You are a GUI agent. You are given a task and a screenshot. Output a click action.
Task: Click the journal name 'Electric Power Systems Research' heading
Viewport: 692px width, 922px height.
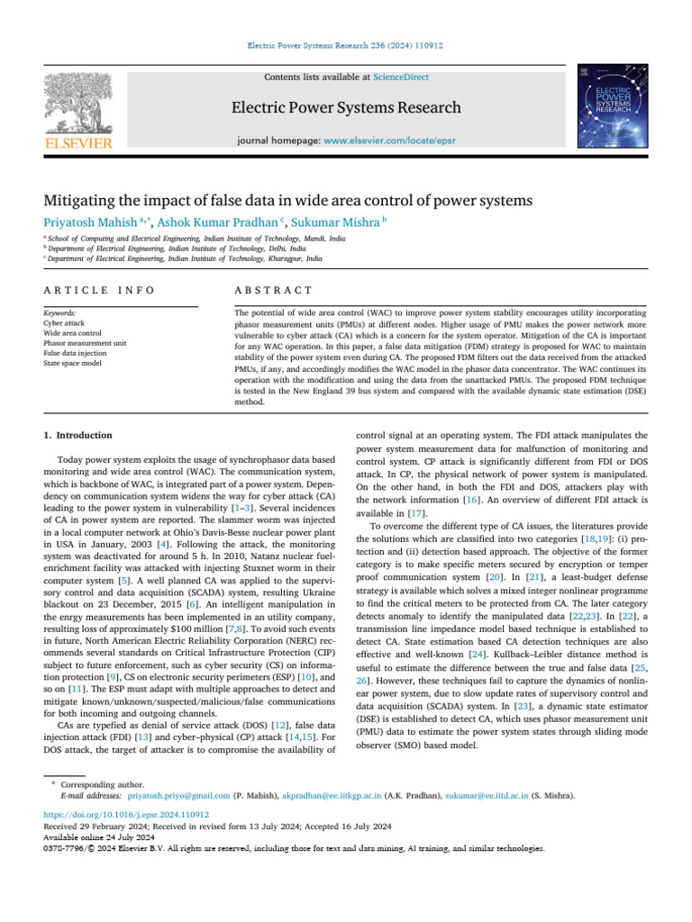tap(346, 108)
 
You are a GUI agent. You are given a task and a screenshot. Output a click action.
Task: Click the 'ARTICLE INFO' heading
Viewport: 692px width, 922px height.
tap(98, 290)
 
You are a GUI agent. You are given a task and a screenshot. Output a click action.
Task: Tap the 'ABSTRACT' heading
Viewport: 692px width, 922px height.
tap(272, 290)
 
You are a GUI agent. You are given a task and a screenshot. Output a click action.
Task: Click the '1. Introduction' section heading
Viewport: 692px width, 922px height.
tap(78, 436)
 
